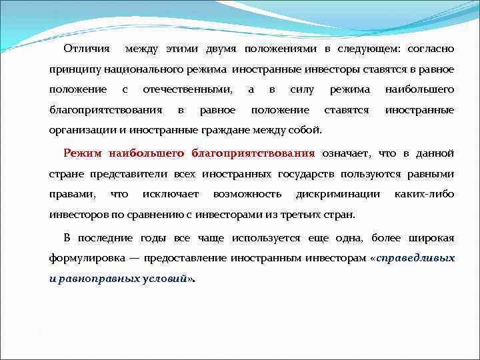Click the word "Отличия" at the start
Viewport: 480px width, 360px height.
pyautogui.click(x=87, y=49)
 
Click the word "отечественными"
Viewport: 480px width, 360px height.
pyautogui.click(x=188, y=89)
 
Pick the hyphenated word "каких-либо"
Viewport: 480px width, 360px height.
pyautogui.click(x=425, y=194)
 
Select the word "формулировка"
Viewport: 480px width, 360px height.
pyautogui.click(x=87, y=258)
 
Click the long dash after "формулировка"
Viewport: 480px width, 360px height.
pyautogui.click(x=133, y=258)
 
